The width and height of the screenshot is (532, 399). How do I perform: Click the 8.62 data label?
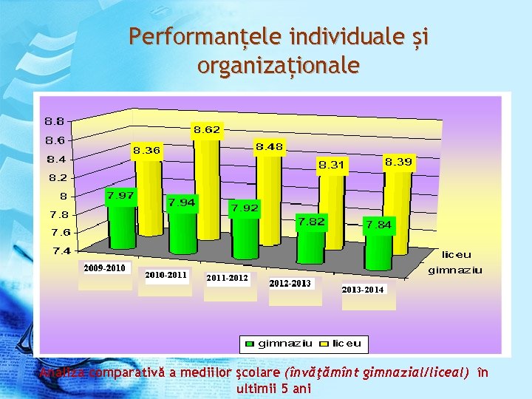(x=207, y=130)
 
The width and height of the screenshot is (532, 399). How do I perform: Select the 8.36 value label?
(x=146, y=150)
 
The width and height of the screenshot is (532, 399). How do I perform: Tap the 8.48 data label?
(x=270, y=147)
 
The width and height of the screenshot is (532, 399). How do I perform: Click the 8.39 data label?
(x=399, y=161)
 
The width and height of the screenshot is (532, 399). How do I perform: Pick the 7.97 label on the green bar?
(x=120, y=196)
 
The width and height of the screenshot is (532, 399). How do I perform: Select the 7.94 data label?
(x=182, y=202)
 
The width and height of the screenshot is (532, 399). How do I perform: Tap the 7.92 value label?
(x=245, y=208)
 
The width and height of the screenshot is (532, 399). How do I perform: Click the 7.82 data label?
(x=310, y=221)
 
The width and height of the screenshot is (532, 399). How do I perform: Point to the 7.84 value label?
(x=378, y=225)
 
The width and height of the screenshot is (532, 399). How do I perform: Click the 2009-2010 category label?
(x=104, y=267)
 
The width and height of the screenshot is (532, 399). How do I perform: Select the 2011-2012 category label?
(x=228, y=279)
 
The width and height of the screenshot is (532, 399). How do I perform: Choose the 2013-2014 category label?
(x=363, y=290)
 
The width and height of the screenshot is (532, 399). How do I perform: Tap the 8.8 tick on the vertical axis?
(x=54, y=121)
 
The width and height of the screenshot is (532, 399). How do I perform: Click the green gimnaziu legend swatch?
(x=250, y=344)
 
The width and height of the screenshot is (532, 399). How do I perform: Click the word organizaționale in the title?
(x=279, y=66)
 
